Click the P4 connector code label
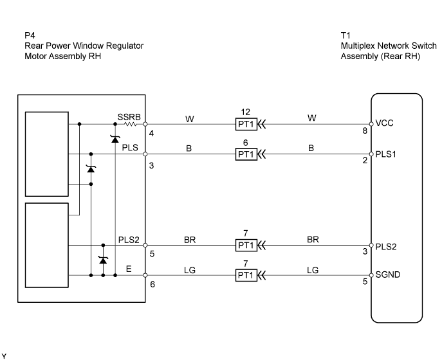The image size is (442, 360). click(29, 35)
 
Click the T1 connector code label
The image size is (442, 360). click(346, 35)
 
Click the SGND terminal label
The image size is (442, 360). click(389, 276)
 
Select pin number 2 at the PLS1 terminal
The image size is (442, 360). click(364, 161)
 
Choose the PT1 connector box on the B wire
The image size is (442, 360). click(246, 154)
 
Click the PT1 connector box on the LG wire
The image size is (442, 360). click(246, 276)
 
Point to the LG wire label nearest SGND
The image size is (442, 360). click(313, 270)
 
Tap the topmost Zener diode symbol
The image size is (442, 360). click(115, 139)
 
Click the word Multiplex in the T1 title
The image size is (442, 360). click(357, 46)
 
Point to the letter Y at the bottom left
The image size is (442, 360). click(4, 355)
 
